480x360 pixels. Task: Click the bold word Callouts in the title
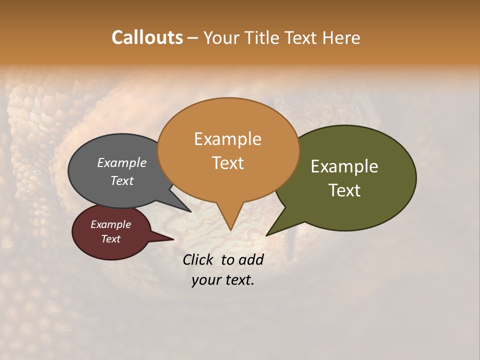pos(147,37)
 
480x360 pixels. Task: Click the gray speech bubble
pos(100,190)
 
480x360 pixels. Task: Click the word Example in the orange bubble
pos(228,138)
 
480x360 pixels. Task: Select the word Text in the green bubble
pos(344,190)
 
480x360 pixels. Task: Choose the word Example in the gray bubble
pos(122,162)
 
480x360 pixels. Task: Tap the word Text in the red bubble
pos(111,239)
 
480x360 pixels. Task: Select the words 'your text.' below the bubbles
pos(223,280)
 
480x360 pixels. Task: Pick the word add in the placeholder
pos(251,259)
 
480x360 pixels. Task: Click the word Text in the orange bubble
pos(228,162)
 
